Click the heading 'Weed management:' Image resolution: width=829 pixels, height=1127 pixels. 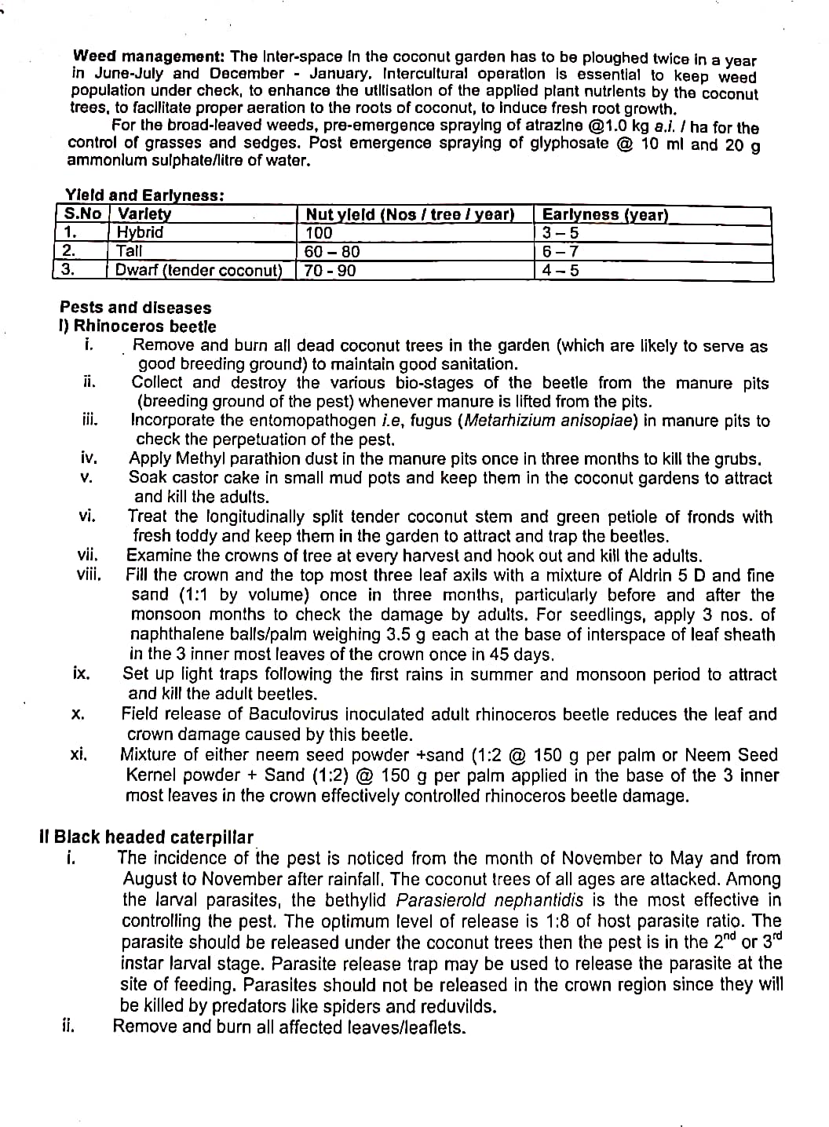(149, 57)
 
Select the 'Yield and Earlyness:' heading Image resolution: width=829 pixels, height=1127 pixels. (144, 195)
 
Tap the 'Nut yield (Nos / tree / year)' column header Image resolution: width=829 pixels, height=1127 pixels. (409, 214)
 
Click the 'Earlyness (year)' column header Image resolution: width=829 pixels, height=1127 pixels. (604, 214)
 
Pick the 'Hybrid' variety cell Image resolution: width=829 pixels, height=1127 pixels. (140, 232)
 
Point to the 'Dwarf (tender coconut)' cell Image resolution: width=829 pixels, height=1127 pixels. (199, 271)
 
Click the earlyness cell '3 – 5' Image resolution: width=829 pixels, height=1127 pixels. (560, 233)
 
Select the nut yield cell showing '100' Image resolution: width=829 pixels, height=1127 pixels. (319, 233)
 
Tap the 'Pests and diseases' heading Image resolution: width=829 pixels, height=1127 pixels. (136, 308)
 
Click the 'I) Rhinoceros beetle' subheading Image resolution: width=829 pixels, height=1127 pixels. (138, 326)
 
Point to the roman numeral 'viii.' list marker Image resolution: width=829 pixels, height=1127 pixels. (89, 574)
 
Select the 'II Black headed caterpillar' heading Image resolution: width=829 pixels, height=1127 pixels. (146, 837)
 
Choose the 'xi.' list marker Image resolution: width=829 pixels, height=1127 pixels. (79, 755)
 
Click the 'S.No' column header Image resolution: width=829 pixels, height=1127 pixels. (82, 214)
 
